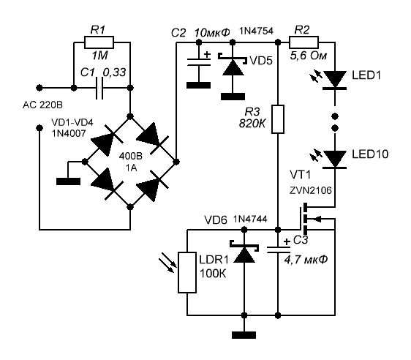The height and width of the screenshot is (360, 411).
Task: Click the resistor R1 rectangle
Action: [99, 42]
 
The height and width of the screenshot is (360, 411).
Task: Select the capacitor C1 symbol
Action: [99, 88]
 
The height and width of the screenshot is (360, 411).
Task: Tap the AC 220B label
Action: [42, 105]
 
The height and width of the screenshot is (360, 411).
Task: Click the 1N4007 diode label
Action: [69, 134]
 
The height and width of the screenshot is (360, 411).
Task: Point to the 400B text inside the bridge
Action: [131, 157]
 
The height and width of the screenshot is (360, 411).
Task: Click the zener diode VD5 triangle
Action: [233, 68]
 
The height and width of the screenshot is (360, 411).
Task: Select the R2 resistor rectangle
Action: [303, 42]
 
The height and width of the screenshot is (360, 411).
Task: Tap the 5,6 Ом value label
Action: [309, 56]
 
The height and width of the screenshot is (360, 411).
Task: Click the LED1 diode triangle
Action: [335, 79]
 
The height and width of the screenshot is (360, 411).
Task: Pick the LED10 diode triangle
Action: [335, 159]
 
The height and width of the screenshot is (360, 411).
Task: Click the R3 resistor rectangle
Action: [278, 119]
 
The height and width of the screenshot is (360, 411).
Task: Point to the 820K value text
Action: [252, 124]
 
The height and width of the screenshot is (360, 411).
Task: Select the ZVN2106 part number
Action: [311, 190]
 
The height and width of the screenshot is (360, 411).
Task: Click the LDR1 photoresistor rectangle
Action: [187, 272]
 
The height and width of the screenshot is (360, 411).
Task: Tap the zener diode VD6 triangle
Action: [244, 255]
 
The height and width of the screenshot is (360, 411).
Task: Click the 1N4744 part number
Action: [250, 219]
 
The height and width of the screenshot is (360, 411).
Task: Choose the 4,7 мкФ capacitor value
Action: [306, 260]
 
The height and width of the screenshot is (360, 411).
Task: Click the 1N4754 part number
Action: [256, 31]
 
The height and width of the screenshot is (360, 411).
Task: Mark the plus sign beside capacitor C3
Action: [287, 241]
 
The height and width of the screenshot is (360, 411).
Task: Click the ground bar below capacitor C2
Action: [199, 85]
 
